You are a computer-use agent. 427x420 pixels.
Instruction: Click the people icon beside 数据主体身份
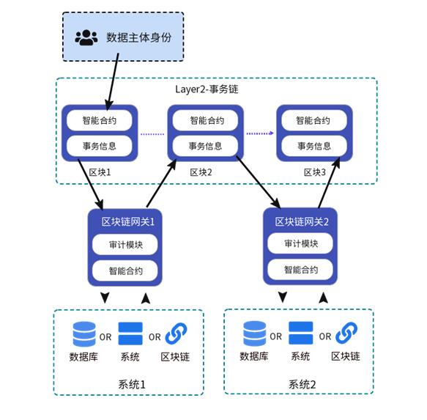[86, 37]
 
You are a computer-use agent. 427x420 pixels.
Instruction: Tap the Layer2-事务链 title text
[207, 89]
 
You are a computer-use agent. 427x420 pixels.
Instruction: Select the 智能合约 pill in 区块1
[100, 120]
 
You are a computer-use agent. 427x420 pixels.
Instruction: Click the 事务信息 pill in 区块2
[205, 146]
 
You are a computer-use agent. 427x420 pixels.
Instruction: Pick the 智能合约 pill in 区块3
[314, 120]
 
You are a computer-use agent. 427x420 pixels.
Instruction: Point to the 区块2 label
[201, 172]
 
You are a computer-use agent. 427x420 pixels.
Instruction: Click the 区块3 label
[315, 172]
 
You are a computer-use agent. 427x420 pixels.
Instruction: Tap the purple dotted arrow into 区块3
[260, 133]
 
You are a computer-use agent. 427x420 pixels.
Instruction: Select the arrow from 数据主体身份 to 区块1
[113, 82]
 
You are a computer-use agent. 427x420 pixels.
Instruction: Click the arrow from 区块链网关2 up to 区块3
[329, 183]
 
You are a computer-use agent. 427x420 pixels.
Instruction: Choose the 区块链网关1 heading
[128, 222]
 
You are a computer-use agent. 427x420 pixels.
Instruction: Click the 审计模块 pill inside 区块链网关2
[300, 243]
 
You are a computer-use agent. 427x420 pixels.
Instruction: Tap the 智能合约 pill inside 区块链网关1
[125, 270]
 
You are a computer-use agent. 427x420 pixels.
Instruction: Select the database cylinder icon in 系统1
[84, 334]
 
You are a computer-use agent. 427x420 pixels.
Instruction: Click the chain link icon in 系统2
[346, 333]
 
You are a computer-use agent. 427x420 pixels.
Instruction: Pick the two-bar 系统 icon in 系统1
[130, 334]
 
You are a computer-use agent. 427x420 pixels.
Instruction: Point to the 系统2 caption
[302, 385]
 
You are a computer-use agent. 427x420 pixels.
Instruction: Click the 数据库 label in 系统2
[254, 356]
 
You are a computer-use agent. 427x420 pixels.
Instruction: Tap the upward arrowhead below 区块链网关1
[146, 298]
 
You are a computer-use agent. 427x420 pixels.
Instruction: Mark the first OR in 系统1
[105, 337]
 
